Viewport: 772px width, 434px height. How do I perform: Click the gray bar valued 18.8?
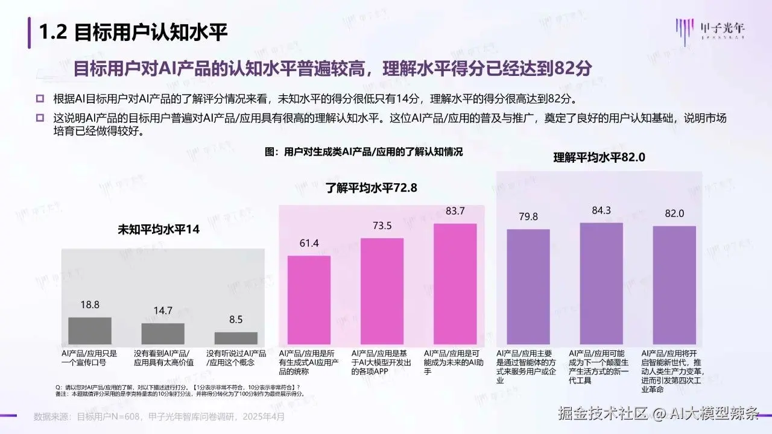coord(90,330)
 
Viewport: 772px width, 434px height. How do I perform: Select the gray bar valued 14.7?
coord(163,333)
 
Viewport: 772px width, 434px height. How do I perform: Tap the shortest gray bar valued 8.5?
coord(236,338)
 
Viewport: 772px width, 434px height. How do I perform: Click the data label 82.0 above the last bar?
coord(674,213)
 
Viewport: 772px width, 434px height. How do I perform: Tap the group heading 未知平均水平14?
coord(158,230)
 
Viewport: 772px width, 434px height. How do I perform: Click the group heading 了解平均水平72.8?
coord(372,187)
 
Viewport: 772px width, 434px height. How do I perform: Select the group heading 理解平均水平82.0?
coord(600,158)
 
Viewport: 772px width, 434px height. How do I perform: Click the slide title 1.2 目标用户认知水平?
coord(133,33)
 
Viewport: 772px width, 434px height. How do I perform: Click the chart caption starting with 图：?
coord(364,153)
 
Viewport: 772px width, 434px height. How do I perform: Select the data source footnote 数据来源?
coord(159,416)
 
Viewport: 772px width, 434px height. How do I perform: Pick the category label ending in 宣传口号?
coord(89,358)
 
